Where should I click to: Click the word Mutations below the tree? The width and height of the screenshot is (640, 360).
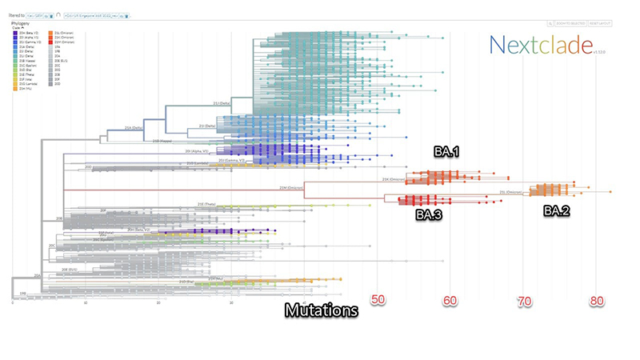pyautogui.click(x=321, y=310)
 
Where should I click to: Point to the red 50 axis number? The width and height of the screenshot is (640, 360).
pyautogui.click(x=378, y=301)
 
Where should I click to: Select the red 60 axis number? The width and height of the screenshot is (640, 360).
pyautogui.click(x=450, y=301)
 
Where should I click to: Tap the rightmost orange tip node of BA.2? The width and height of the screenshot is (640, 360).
pyautogui.click(x=610, y=192)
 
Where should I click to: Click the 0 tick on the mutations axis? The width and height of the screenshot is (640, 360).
pyautogui.click(x=14, y=302)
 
